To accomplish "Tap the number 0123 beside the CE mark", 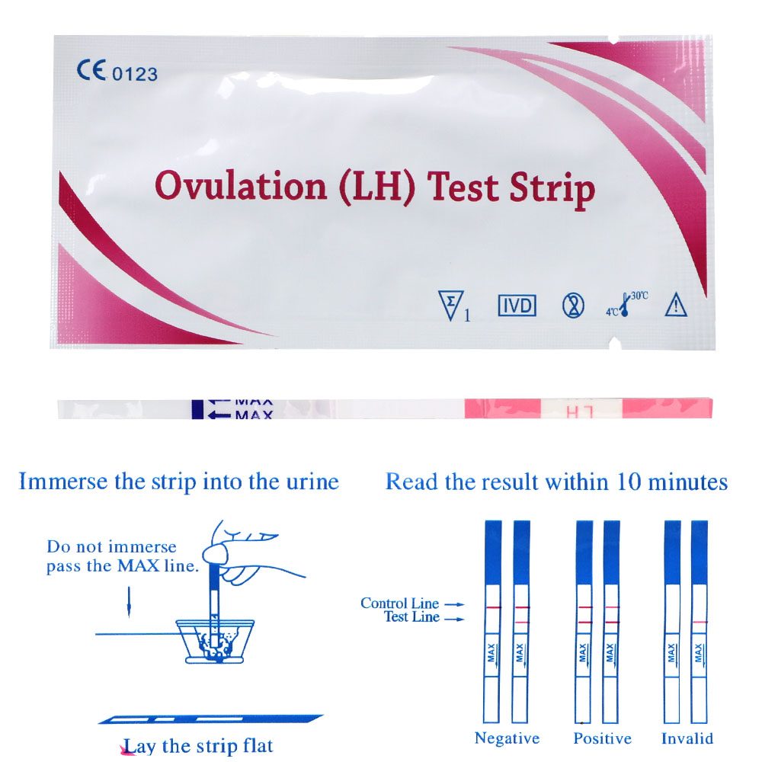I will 136,74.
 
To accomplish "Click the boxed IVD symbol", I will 517,306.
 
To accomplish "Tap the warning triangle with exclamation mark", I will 676,305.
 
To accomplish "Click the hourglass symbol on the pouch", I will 572,306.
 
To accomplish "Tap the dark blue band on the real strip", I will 197,408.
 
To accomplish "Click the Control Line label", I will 400,604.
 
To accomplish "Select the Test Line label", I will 412,616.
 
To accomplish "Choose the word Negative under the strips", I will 507,738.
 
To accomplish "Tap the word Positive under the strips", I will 603,738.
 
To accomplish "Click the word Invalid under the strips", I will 687,738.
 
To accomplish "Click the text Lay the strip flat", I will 198,745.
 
